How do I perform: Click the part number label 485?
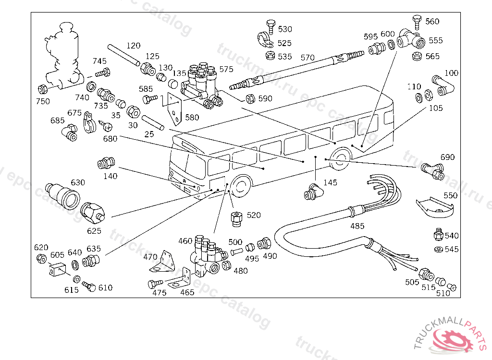click(357, 226)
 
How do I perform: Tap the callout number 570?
click(307, 58)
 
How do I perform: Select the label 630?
click(78, 182)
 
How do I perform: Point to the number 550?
click(451, 196)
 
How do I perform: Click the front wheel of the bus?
click(239, 186)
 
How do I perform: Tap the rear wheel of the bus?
click(341, 159)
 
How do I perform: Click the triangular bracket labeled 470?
click(163, 262)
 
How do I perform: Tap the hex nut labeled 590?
click(250, 99)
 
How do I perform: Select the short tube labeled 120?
click(123, 55)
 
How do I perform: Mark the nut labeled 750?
click(42, 89)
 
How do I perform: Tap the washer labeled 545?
click(438, 250)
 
